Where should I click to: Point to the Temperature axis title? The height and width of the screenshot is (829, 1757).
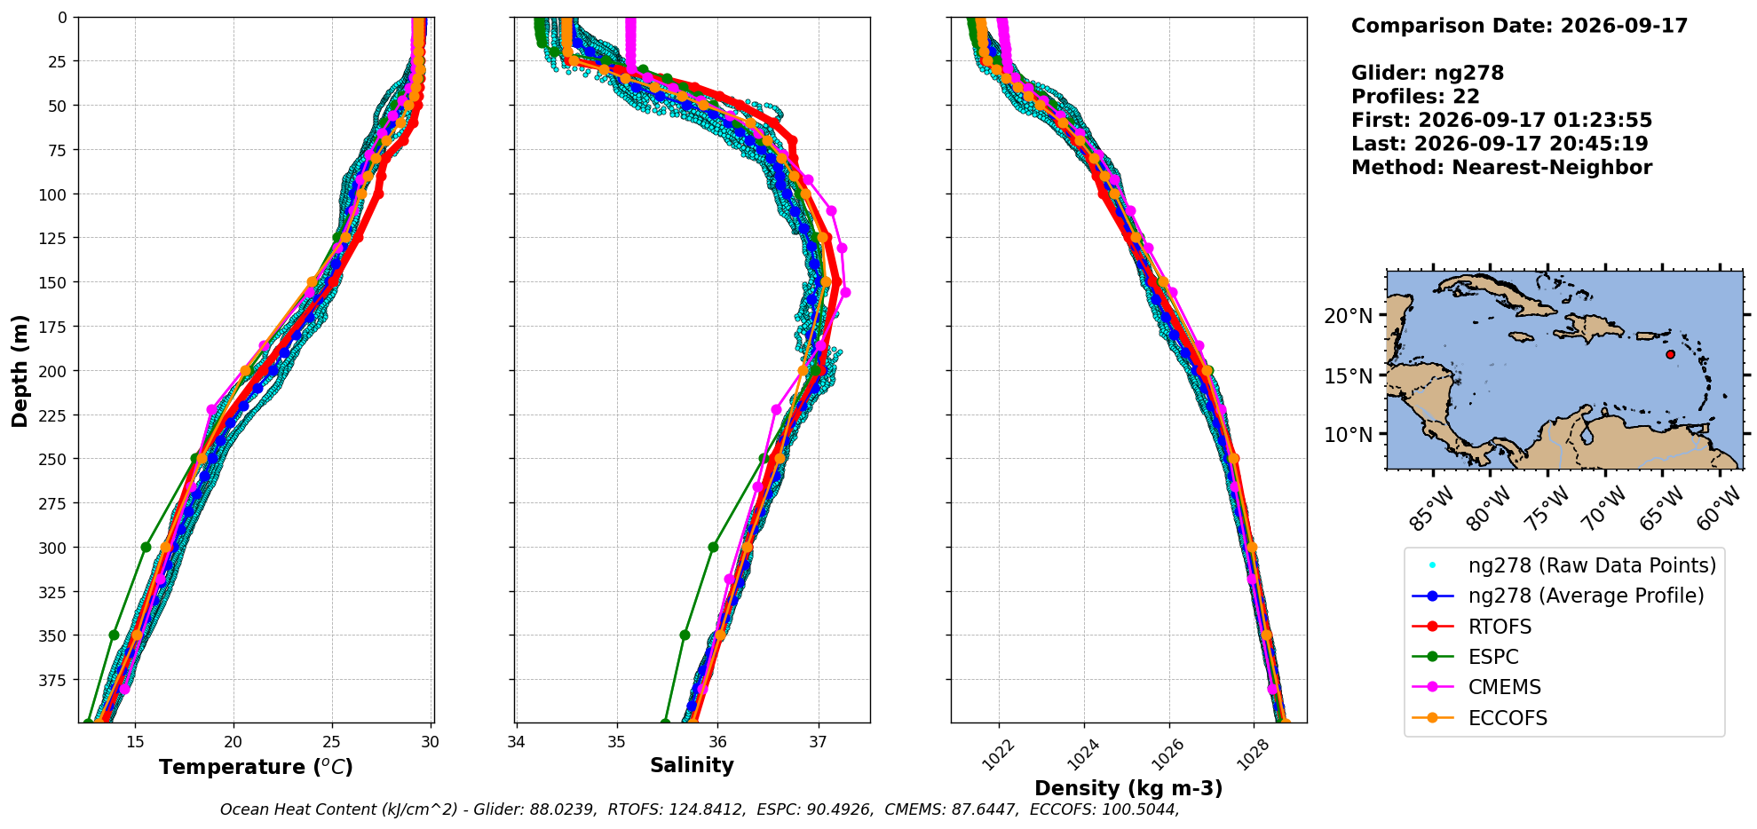click(256, 767)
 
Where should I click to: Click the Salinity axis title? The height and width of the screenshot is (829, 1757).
click(692, 766)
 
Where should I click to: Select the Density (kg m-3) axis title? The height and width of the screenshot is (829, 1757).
click(1128, 788)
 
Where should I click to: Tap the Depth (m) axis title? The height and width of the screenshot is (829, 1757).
click(20, 370)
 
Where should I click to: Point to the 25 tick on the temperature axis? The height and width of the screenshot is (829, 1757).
click(332, 742)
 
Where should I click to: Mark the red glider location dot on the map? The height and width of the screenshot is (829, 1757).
click(1670, 354)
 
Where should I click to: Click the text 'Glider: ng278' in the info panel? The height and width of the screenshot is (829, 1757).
click(1428, 73)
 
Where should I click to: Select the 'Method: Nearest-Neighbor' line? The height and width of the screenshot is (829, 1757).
click(1501, 167)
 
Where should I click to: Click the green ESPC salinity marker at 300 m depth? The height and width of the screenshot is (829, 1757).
click(713, 547)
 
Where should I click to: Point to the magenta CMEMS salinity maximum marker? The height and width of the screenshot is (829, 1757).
click(845, 292)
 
